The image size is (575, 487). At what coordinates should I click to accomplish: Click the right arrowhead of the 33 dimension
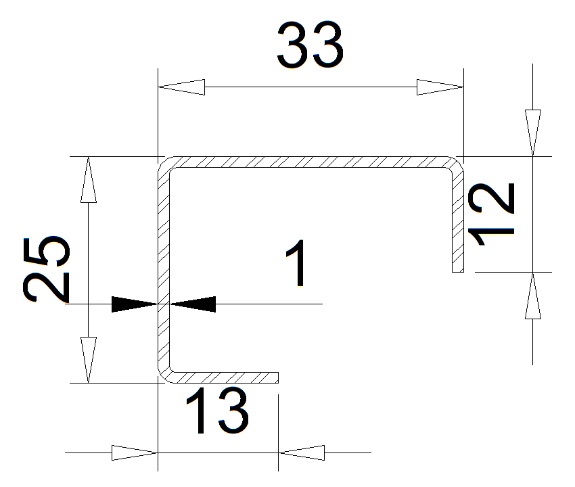click(x=440, y=87)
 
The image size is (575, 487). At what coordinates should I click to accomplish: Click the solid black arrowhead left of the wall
click(x=134, y=304)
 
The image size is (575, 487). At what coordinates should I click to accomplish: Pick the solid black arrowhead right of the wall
click(x=193, y=304)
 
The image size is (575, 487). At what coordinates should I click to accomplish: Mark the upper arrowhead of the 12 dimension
click(x=533, y=133)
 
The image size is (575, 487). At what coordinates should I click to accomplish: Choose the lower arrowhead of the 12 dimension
click(x=533, y=296)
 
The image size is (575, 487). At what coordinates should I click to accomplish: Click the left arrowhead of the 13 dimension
click(x=134, y=452)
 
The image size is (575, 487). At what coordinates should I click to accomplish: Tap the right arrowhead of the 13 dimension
click(x=301, y=452)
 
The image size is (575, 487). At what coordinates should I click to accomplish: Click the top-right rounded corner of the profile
click(x=456, y=165)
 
